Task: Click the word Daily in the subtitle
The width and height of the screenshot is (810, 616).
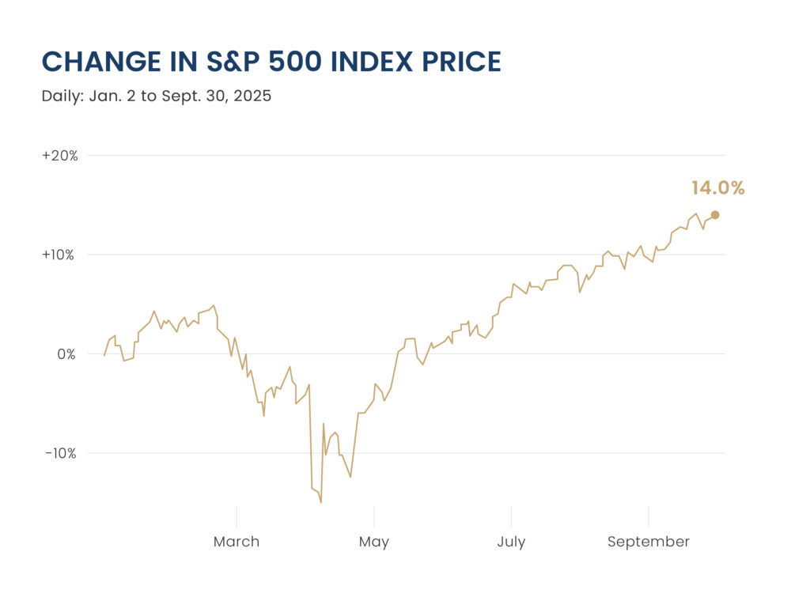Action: click(x=60, y=96)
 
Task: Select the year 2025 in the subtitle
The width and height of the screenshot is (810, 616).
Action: click(x=252, y=96)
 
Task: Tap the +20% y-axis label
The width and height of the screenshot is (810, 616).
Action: click(x=60, y=156)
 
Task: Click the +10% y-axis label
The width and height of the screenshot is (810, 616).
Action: click(x=60, y=255)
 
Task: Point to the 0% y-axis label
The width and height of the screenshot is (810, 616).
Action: click(x=66, y=354)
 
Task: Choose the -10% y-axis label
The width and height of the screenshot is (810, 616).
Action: click(x=62, y=453)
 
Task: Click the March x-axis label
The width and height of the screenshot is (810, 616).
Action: click(x=237, y=542)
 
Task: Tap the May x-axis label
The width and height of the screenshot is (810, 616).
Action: click(x=374, y=542)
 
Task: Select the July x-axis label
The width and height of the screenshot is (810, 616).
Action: click(x=511, y=542)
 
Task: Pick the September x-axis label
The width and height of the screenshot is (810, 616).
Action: click(x=649, y=542)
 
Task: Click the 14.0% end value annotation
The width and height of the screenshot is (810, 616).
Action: click(x=717, y=188)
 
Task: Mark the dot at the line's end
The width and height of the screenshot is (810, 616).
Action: click(x=715, y=214)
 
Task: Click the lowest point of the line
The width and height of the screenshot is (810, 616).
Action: click(x=321, y=502)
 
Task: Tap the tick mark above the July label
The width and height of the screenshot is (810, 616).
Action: click(x=511, y=516)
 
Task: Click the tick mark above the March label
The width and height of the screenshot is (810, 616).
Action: click(x=237, y=516)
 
